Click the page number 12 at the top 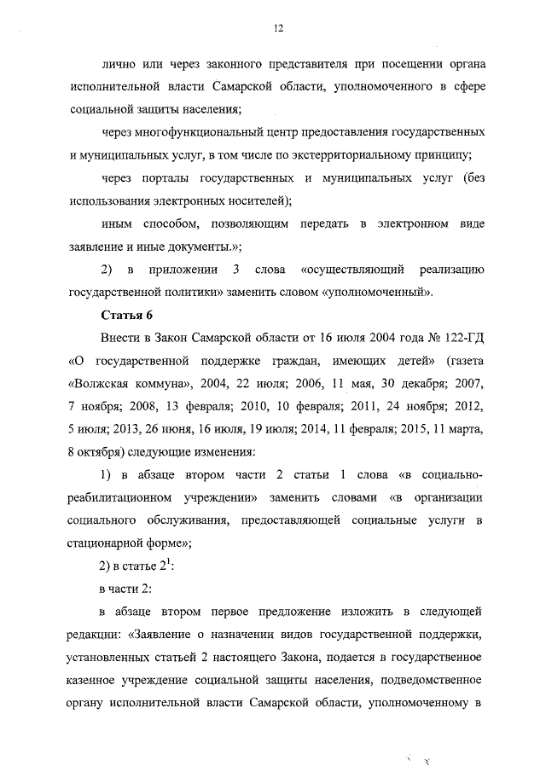(278, 28)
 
